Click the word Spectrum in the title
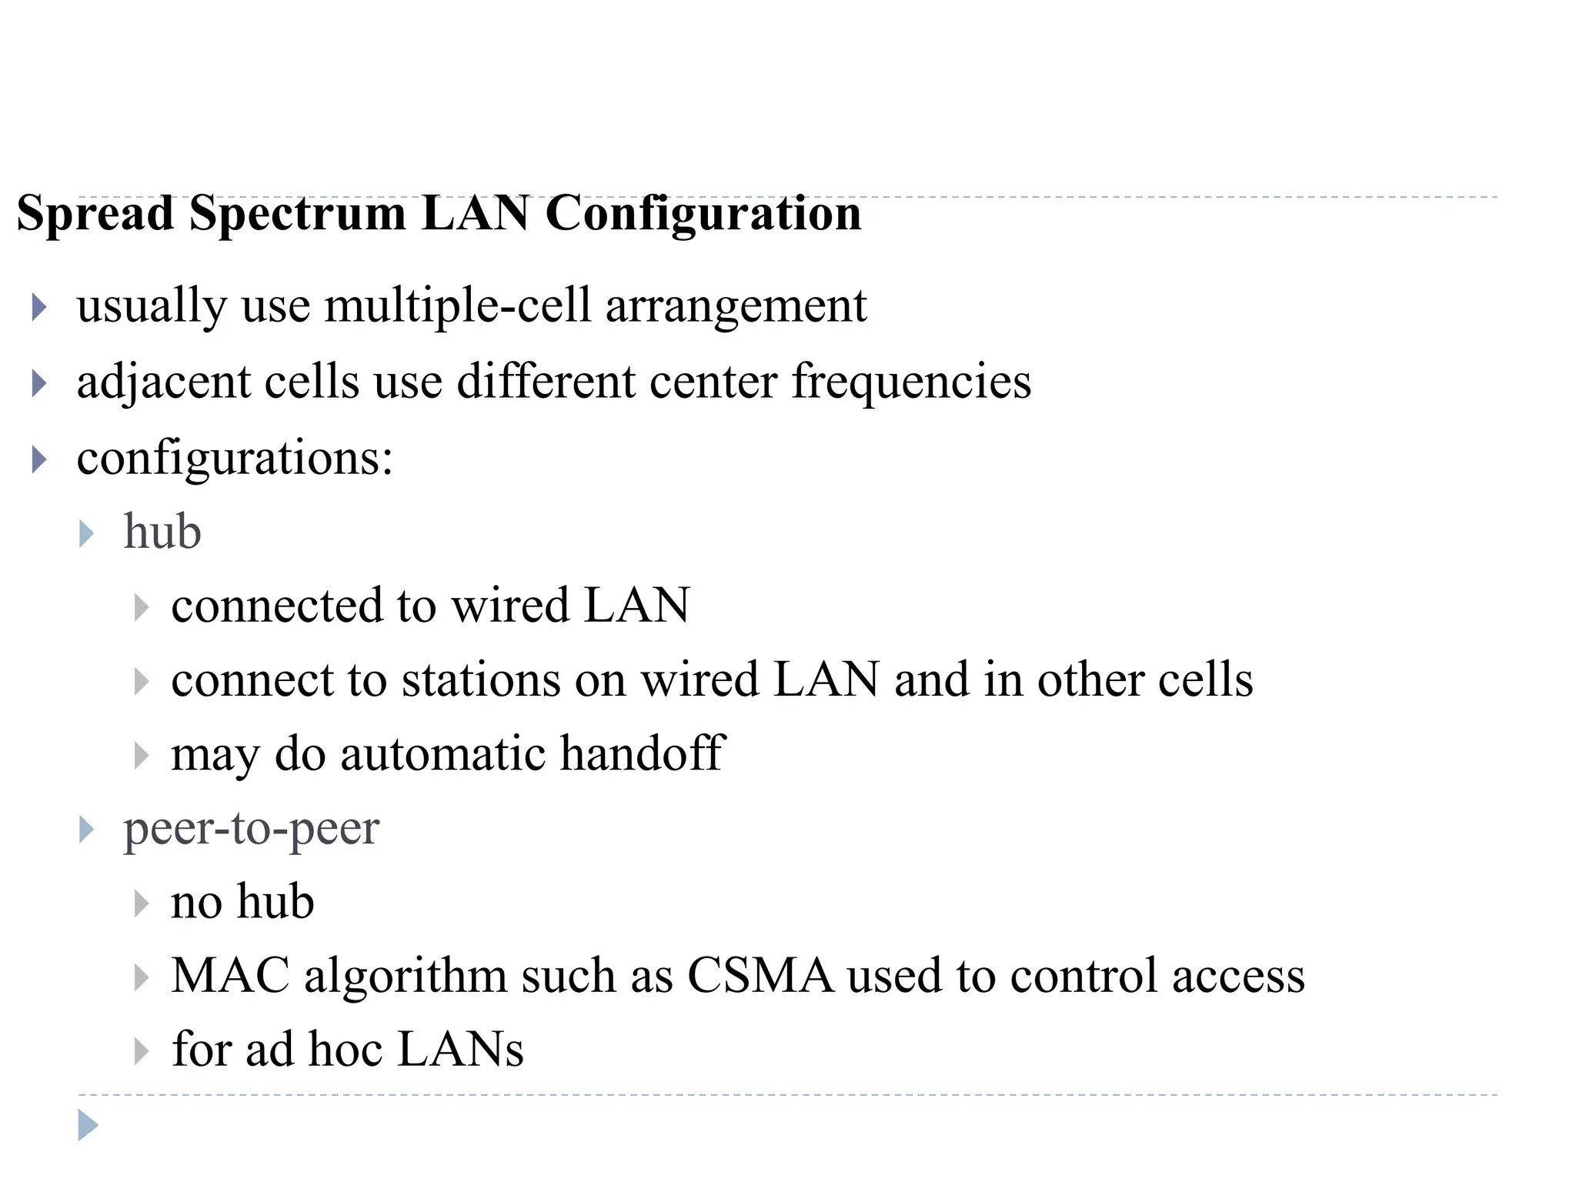point(297,214)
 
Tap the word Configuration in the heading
point(703,214)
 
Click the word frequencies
point(911,382)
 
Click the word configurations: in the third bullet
point(235,459)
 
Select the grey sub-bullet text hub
point(162,532)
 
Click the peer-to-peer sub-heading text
point(251,829)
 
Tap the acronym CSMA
point(760,976)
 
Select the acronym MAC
point(229,976)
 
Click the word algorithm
point(405,976)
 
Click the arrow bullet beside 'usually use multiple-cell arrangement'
point(39,307)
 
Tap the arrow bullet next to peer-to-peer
point(86,830)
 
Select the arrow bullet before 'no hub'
point(141,903)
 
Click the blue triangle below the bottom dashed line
point(88,1125)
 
